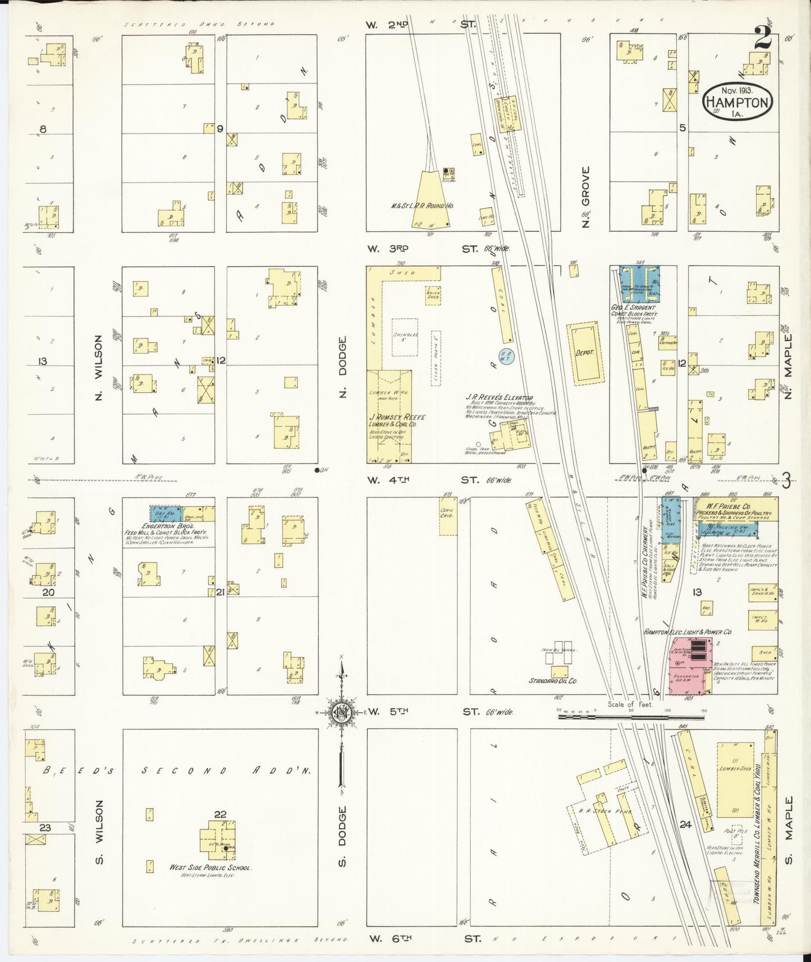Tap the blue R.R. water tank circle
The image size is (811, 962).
click(507, 355)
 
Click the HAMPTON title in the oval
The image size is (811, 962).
click(737, 102)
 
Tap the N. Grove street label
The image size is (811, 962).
click(586, 196)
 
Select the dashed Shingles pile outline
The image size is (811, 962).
click(405, 337)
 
